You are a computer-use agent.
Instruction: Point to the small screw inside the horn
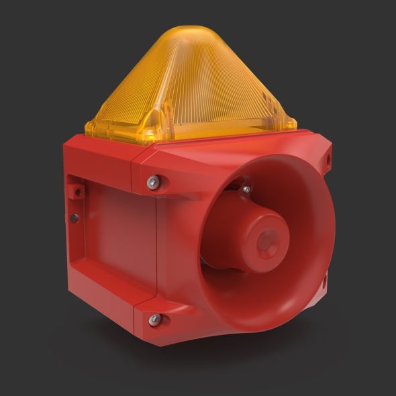(246, 190)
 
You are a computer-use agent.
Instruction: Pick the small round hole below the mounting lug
(75, 217)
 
